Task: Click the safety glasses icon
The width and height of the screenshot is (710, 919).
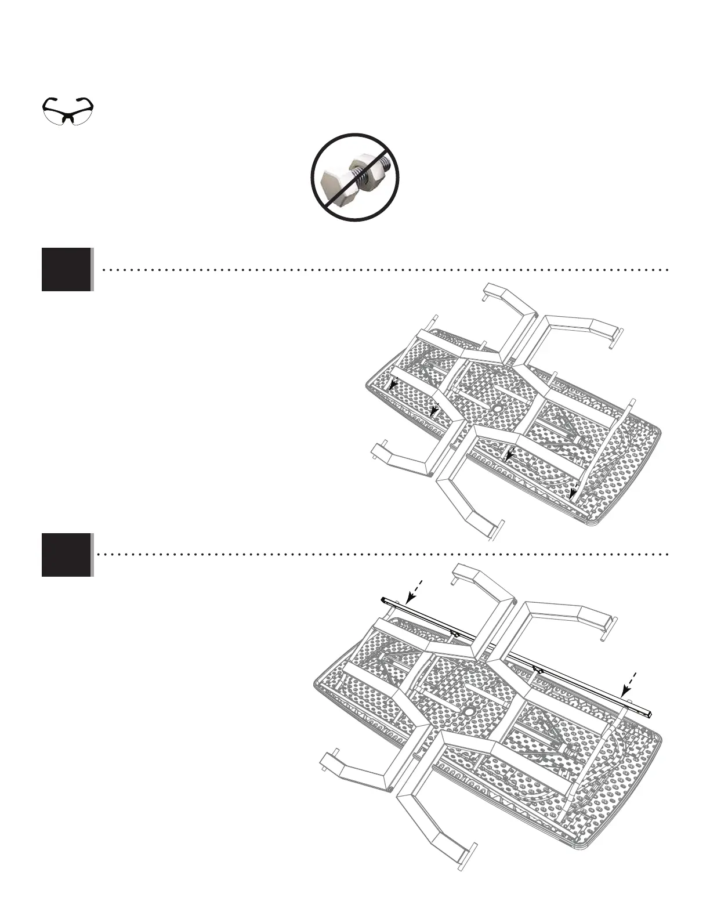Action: (x=68, y=110)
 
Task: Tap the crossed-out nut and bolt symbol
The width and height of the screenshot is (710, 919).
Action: (x=354, y=177)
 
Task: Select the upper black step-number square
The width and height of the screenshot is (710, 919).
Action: (x=67, y=269)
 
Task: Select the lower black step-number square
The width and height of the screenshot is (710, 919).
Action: (x=67, y=555)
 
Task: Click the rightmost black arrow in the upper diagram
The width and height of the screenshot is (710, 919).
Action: (x=573, y=493)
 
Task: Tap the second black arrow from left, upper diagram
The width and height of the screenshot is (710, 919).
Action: (x=434, y=411)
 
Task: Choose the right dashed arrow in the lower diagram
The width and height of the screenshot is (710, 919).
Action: (x=629, y=684)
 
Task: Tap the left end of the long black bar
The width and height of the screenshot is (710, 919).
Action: (x=384, y=599)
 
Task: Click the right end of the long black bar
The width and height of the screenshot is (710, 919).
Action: (x=653, y=712)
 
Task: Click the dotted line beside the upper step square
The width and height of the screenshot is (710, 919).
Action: (x=383, y=270)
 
